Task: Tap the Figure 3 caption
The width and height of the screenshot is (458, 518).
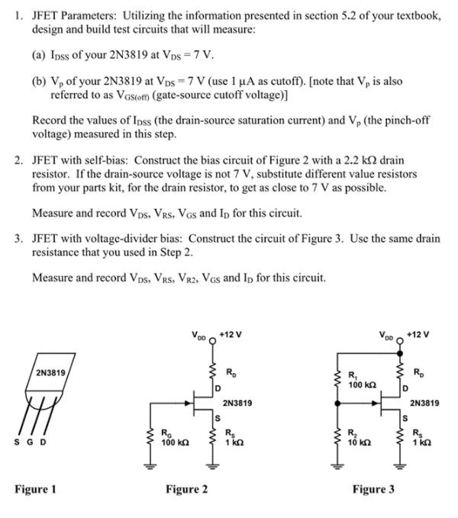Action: coord(373,489)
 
